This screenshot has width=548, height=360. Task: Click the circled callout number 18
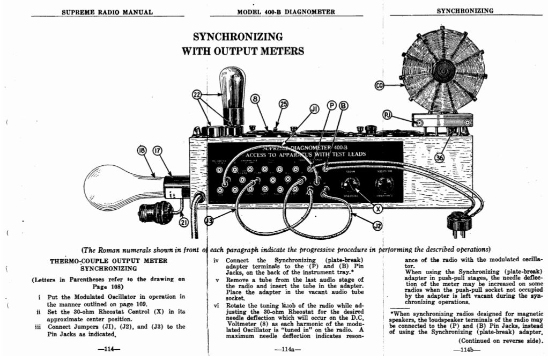(x=143, y=151)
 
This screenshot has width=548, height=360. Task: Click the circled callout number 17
(x=158, y=151)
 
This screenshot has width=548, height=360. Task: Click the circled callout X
(x=377, y=208)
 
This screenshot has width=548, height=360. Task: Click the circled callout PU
(x=388, y=114)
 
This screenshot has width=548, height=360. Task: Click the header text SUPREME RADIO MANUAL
(x=107, y=12)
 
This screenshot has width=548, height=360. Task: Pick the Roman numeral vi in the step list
(x=217, y=305)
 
